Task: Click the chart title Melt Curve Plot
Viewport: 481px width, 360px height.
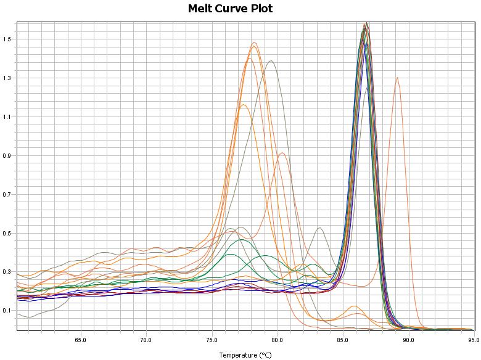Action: [x=230, y=9]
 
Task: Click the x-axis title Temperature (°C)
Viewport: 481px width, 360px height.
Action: [x=245, y=355]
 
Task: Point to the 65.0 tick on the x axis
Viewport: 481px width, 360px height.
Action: [x=80, y=340]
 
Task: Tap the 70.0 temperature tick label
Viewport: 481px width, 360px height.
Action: [x=146, y=340]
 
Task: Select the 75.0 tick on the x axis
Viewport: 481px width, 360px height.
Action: [x=212, y=340]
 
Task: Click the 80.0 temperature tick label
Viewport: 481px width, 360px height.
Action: [x=277, y=340]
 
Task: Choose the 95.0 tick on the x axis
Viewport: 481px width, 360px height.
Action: [x=472, y=340]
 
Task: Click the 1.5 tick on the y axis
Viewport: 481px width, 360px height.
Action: [x=7, y=39]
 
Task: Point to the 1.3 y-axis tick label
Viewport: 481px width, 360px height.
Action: [x=7, y=78]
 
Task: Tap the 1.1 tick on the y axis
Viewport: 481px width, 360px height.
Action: [x=7, y=117]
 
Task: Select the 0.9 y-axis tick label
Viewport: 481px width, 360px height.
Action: [x=7, y=156]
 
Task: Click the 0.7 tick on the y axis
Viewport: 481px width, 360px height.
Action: [x=7, y=195]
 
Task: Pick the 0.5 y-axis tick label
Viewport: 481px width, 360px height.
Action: [x=7, y=234]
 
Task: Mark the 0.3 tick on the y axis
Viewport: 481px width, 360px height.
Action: [x=7, y=272]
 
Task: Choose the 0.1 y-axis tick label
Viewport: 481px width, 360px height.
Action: [x=7, y=311]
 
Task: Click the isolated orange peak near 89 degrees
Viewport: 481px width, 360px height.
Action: [x=397, y=78]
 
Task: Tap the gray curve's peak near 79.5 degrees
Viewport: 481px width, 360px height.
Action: [x=271, y=60]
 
